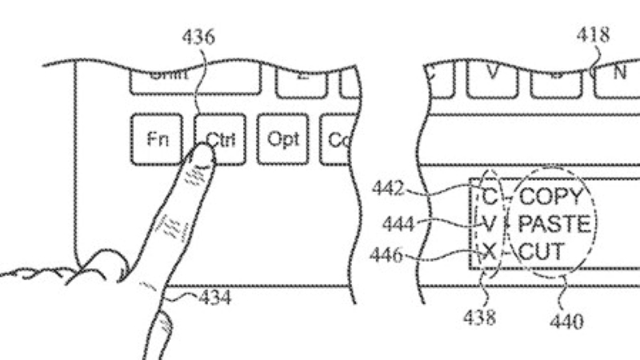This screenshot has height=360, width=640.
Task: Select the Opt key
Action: (x=282, y=139)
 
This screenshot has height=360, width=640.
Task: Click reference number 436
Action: (x=198, y=38)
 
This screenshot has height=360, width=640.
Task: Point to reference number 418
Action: (x=593, y=34)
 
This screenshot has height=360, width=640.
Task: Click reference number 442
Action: (x=388, y=189)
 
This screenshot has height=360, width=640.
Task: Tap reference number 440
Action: (x=567, y=322)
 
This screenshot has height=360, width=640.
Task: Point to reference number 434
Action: (x=215, y=298)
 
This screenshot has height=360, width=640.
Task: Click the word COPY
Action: (x=554, y=195)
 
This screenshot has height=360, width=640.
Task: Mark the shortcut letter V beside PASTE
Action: (x=490, y=224)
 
